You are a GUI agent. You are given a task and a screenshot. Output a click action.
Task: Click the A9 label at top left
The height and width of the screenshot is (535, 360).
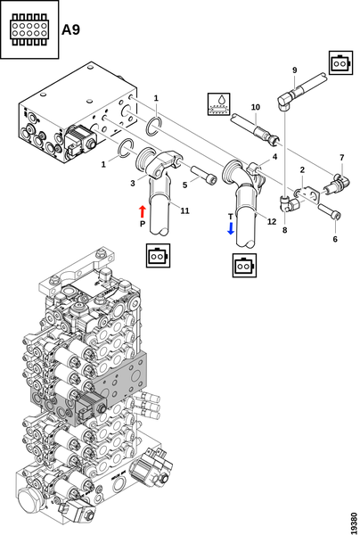pos(70,29)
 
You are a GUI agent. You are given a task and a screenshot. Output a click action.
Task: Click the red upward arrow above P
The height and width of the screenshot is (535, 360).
pos(143,211)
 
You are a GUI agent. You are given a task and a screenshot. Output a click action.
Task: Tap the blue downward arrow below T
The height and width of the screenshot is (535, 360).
pos(231,228)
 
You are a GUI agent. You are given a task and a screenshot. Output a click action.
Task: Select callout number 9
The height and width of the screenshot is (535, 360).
pos(295,70)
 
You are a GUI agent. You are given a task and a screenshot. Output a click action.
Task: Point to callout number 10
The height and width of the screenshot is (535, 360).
pos(256,107)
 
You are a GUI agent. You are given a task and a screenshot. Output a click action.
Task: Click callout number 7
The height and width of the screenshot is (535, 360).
pos(342,158)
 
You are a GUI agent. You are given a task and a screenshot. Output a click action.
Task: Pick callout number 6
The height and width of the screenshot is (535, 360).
pos(335,239)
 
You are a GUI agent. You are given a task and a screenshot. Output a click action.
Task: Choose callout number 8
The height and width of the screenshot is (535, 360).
pos(284,230)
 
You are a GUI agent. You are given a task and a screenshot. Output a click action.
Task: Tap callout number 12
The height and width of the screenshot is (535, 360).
pos(272,222)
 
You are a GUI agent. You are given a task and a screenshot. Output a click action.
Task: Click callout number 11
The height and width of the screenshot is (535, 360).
pos(184,210)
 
